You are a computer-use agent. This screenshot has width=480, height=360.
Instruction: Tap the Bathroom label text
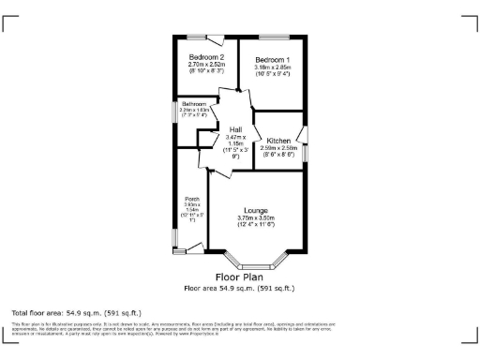pyautogui.click(x=194, y=104)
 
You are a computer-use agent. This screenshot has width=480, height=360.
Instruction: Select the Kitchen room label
pyautogui.click(x=278, y=141)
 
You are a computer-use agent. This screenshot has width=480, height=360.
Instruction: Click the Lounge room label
pyautogui.click(x=256, y=210)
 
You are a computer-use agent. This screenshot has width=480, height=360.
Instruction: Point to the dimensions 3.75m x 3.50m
pyautogui.click(x=256, y=219)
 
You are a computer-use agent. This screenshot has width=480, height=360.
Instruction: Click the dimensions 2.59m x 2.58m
pyautogui.click(x=278, y=148)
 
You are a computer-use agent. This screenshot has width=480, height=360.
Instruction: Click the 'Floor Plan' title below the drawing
pyautogui.click(x=240, y=277)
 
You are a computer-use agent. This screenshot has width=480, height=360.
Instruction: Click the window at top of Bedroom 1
pyautogui.click(x=272, y=37)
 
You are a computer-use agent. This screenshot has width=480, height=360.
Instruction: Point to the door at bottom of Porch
pyautogui.click(x=196, y=249)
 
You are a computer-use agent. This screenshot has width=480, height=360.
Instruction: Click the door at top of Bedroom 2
pyautogui.click(x=215, y=40)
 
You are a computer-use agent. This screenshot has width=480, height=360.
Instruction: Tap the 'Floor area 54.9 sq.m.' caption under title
pyautogui.click(x=240, y=288)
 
